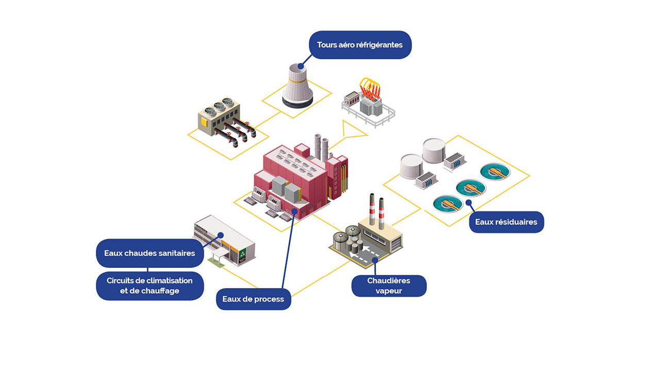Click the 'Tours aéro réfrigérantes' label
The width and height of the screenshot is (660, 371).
(360, 45)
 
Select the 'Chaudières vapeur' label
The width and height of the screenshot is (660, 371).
(389, 286)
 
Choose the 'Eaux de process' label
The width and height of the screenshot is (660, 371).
(253, 299)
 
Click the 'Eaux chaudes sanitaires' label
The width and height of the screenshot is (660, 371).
(150, 253)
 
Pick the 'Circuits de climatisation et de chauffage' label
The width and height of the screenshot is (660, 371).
(150, 285)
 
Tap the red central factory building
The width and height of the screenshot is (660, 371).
(299, 180)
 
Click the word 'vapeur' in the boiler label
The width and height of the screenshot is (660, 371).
(389, 291)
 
